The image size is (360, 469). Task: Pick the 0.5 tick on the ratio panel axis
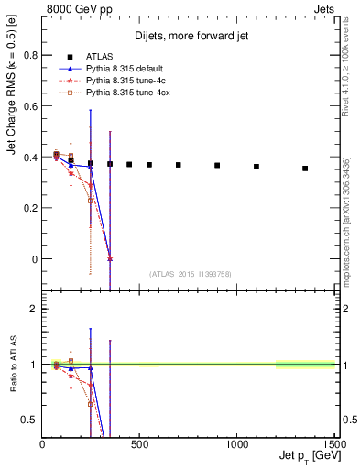coord(30,420)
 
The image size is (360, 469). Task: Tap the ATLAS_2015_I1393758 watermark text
coord(190,274)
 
